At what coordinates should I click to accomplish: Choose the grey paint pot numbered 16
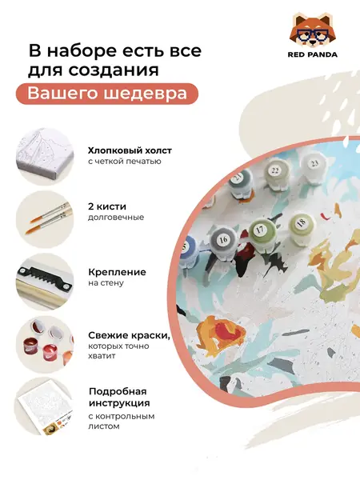pos(223,239)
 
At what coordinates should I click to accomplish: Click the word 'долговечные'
pos(116,218)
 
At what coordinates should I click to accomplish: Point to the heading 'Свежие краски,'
pos(129,335)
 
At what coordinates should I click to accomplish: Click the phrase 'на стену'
pos(106,283)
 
